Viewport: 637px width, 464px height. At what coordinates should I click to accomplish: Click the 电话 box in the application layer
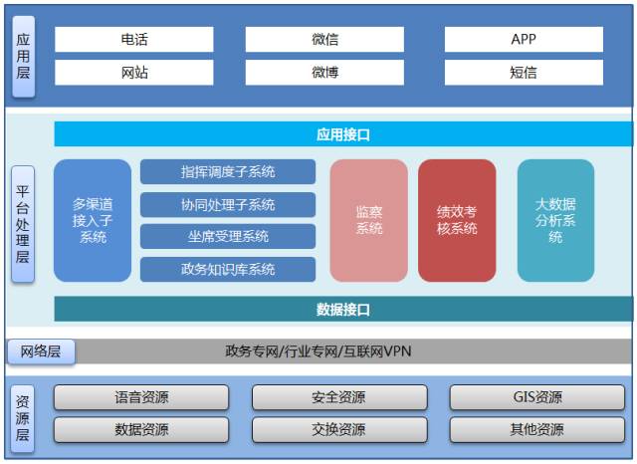coord(133,39)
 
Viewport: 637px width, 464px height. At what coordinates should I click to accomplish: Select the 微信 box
coord(324,39)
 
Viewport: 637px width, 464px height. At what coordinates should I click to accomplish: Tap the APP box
coord(524,39)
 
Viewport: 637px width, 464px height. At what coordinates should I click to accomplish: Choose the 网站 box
coord(133,72)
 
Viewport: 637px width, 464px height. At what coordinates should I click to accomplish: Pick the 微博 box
coord(324,72)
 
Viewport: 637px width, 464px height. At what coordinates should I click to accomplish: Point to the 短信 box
coord(524,72)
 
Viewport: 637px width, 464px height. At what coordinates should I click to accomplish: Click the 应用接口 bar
coord(343,134)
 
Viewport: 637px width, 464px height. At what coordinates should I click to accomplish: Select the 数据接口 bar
coord(343,309)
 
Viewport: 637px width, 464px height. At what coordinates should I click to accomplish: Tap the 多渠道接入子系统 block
coord(93,220)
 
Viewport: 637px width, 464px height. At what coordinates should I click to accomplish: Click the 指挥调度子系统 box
coord(228,171)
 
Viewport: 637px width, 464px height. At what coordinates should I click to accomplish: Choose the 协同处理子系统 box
coord(228,204)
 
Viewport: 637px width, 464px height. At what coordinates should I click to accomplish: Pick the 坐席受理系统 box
coord(228,236)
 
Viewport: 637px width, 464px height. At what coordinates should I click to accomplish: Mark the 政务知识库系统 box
coord(228,269)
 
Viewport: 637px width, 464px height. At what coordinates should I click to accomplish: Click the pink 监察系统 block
coord(369,220)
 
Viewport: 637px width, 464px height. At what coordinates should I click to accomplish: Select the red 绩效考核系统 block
coord(457,220)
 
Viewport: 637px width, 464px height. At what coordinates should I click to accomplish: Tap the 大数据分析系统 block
coord(555,220)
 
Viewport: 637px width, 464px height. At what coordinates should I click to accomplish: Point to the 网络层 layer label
coord(41,351)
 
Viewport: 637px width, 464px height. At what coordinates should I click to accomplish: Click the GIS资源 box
coord(537,397)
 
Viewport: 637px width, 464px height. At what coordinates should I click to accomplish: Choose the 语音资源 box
coord(141,397)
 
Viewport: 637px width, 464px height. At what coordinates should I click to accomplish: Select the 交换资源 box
coord(338,430)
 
